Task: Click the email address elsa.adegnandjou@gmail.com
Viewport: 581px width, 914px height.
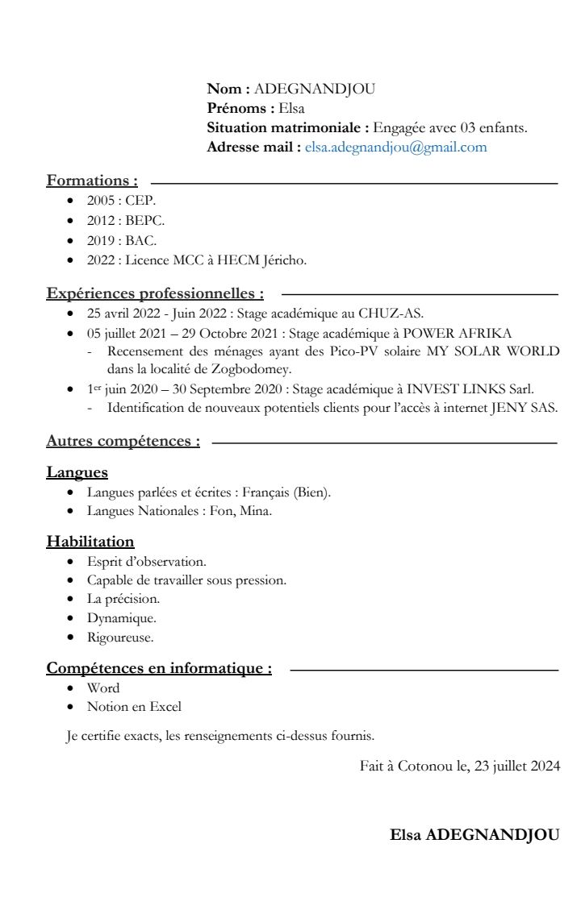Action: point(395,147)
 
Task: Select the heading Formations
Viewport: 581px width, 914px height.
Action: point(92,181)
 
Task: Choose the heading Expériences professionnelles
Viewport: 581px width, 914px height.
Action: point(155,293)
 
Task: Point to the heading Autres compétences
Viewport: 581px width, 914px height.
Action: point(123,441)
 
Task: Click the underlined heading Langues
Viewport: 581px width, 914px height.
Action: point(77,472)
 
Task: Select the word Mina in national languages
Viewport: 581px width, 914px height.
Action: point(258,511)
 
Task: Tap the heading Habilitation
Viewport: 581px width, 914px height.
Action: point(90,542)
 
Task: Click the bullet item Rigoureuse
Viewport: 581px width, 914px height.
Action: point(120,637)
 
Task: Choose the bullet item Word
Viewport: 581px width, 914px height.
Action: point(103,688)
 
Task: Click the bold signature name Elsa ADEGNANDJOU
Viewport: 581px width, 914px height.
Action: point(474,834)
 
